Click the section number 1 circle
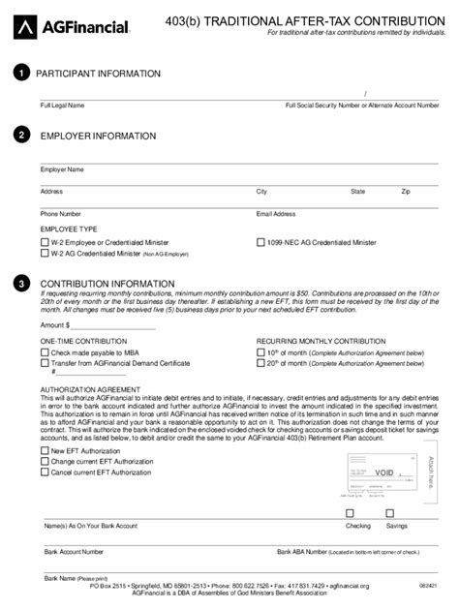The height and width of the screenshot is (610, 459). [x=21, y=74]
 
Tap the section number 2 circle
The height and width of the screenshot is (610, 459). [x=21, y=137]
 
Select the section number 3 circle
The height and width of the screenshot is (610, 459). [x=21, y=284]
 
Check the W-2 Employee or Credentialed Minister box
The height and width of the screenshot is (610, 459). [x=44, y=242]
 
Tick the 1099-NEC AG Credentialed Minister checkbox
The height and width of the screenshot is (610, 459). [x=260, y=242]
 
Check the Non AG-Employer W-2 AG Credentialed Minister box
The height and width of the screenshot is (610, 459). [x=44, y=253]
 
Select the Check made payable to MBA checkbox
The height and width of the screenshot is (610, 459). [x=44, y=353]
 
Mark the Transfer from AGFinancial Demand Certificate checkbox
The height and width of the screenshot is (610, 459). [x=44, y=364]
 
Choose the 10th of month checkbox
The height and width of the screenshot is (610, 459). [x=260, y=353]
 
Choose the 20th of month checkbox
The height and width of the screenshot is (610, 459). [x=260, y=364]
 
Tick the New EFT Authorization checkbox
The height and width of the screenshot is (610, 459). [x=44, y=451]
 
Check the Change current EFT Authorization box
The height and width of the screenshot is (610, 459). [x=44, y=462]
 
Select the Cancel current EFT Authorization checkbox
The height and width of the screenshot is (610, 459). [x=44, y=473]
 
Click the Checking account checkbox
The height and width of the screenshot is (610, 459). [x=350, y=514]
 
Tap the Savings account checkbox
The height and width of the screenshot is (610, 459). [x=389, y=514]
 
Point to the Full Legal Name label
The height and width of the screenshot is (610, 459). [x=62, y=105]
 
